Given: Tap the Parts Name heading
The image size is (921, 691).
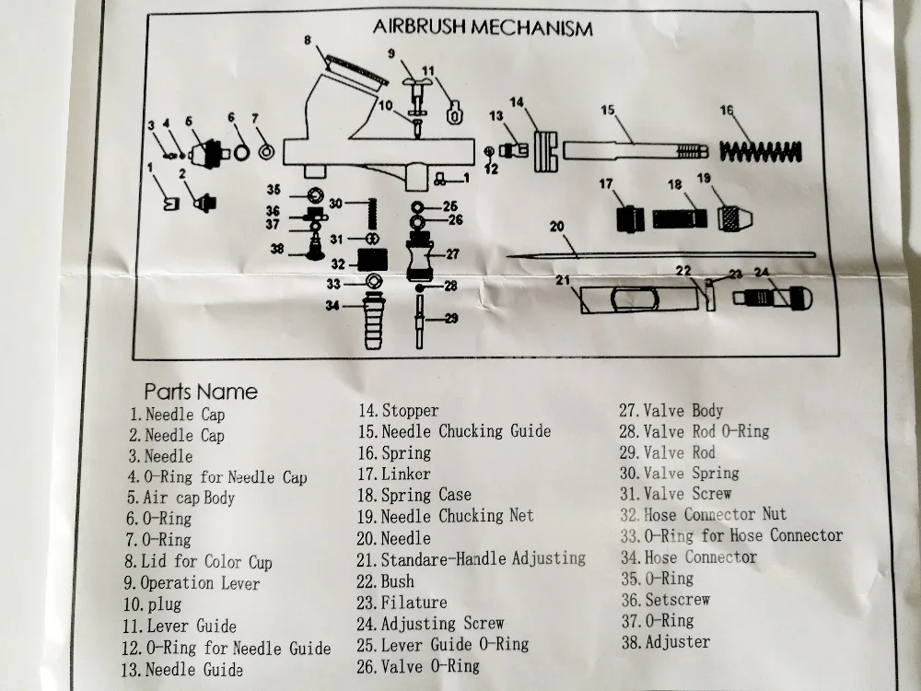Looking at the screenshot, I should point(201,392).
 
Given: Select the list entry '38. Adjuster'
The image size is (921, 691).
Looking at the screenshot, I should point(665,641).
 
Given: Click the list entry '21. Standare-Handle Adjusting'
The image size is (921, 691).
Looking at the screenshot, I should point(472,558).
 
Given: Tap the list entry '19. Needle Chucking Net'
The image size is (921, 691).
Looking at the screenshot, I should point(445,516).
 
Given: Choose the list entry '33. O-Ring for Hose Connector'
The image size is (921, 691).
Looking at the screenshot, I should point(730,535).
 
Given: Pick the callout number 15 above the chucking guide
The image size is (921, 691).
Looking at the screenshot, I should point(606,111).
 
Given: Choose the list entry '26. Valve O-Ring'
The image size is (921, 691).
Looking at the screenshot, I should point(419,665).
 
